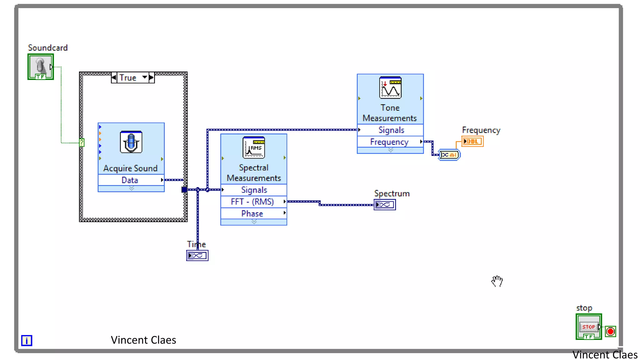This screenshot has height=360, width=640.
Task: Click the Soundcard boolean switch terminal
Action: click(x=41, y=67)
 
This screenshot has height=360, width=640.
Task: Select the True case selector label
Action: click(x=128, y=77)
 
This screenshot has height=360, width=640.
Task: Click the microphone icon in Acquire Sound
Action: click(x=131, y=142)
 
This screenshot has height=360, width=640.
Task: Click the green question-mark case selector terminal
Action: click(x=82, y=143)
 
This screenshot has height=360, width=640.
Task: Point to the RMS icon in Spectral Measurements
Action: click(x=254, y=147)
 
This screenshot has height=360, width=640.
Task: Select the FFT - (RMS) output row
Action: click(x=252, y=202)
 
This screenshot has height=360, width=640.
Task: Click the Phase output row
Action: click(x=252, y=213)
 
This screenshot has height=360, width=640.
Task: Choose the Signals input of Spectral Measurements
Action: click(x=254, y=190)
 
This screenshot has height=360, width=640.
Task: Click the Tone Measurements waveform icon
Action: click(x=390, y=88)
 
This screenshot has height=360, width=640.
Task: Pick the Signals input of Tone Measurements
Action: click(x=391, y=130)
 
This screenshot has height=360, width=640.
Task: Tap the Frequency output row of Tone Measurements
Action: click(x=389, y=142)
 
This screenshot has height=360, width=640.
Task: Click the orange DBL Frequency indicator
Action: click(x=472, y=142)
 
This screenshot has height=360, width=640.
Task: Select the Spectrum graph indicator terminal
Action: click(x=385, y=205)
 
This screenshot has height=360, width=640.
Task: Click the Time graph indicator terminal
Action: click(x=197, y=256)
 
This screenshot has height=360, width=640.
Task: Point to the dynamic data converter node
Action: click(x=449, y=155)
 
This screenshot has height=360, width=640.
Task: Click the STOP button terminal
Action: click(x=588, y=327)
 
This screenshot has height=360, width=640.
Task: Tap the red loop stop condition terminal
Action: click(x=610, y=331)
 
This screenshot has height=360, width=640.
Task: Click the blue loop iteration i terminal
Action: click(x=27, y=340)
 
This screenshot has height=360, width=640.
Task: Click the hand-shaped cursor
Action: click(x=497, y=281)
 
